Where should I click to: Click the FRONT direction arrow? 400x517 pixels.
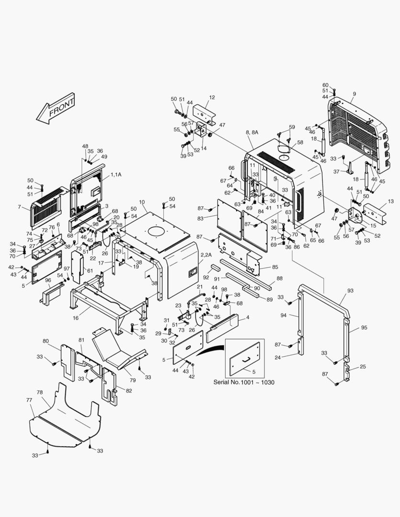tap(56, 109)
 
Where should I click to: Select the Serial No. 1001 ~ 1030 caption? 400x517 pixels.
tap(243, 382)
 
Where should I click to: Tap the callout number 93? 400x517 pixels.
tap(350, 291)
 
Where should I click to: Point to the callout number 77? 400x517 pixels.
tap(29, 400)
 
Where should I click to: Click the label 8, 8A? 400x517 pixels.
tap(252, 132)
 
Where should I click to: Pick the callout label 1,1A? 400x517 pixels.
tap(116, 174)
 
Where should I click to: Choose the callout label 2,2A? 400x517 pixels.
tap(206, 255)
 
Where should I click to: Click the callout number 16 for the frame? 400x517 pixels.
tap(76, 318)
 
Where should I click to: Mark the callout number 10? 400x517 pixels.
tap(142, 202)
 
